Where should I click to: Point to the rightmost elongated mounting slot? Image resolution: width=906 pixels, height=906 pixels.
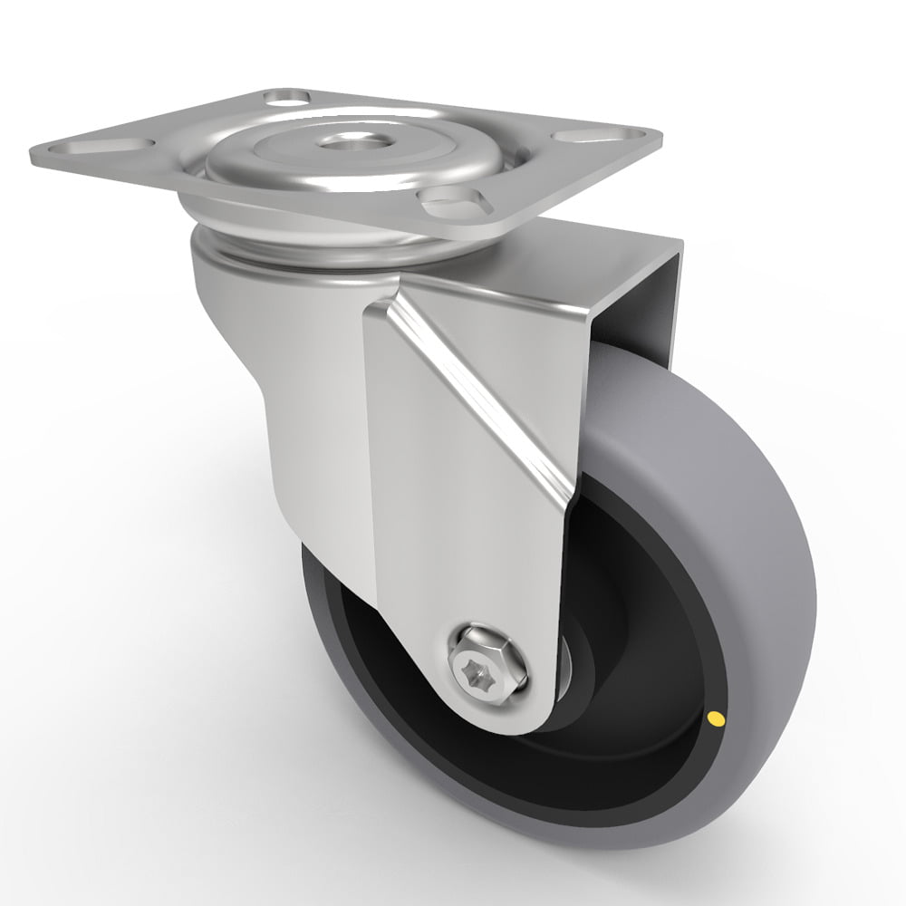click(580, 136)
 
